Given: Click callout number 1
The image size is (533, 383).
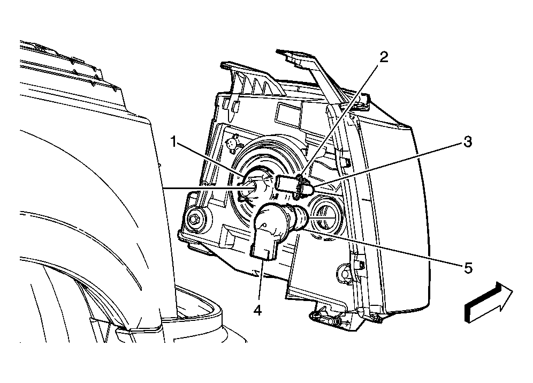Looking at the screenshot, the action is point(174,141).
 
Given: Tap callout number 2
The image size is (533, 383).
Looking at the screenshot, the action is point(384,57).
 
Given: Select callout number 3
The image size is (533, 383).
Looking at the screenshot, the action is point(468,141).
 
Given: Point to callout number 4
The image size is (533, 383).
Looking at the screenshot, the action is point(257,310).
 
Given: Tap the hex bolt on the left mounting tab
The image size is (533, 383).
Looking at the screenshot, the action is point(195,219).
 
